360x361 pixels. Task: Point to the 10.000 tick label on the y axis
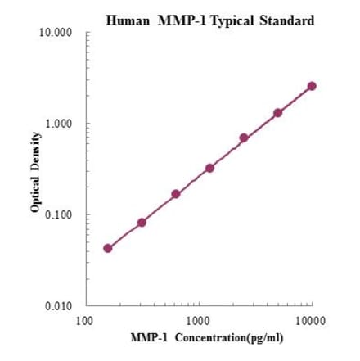coord(56,34)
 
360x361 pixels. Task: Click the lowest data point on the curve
coord(108,248)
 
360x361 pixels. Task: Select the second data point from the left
coord(142,223)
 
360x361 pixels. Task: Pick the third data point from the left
coord(176,194)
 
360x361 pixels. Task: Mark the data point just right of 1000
coord(209,168)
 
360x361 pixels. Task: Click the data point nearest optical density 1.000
coord(244,138)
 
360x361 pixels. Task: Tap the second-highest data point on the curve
coord(277,113)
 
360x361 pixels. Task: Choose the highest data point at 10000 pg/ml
coord(312,86)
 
